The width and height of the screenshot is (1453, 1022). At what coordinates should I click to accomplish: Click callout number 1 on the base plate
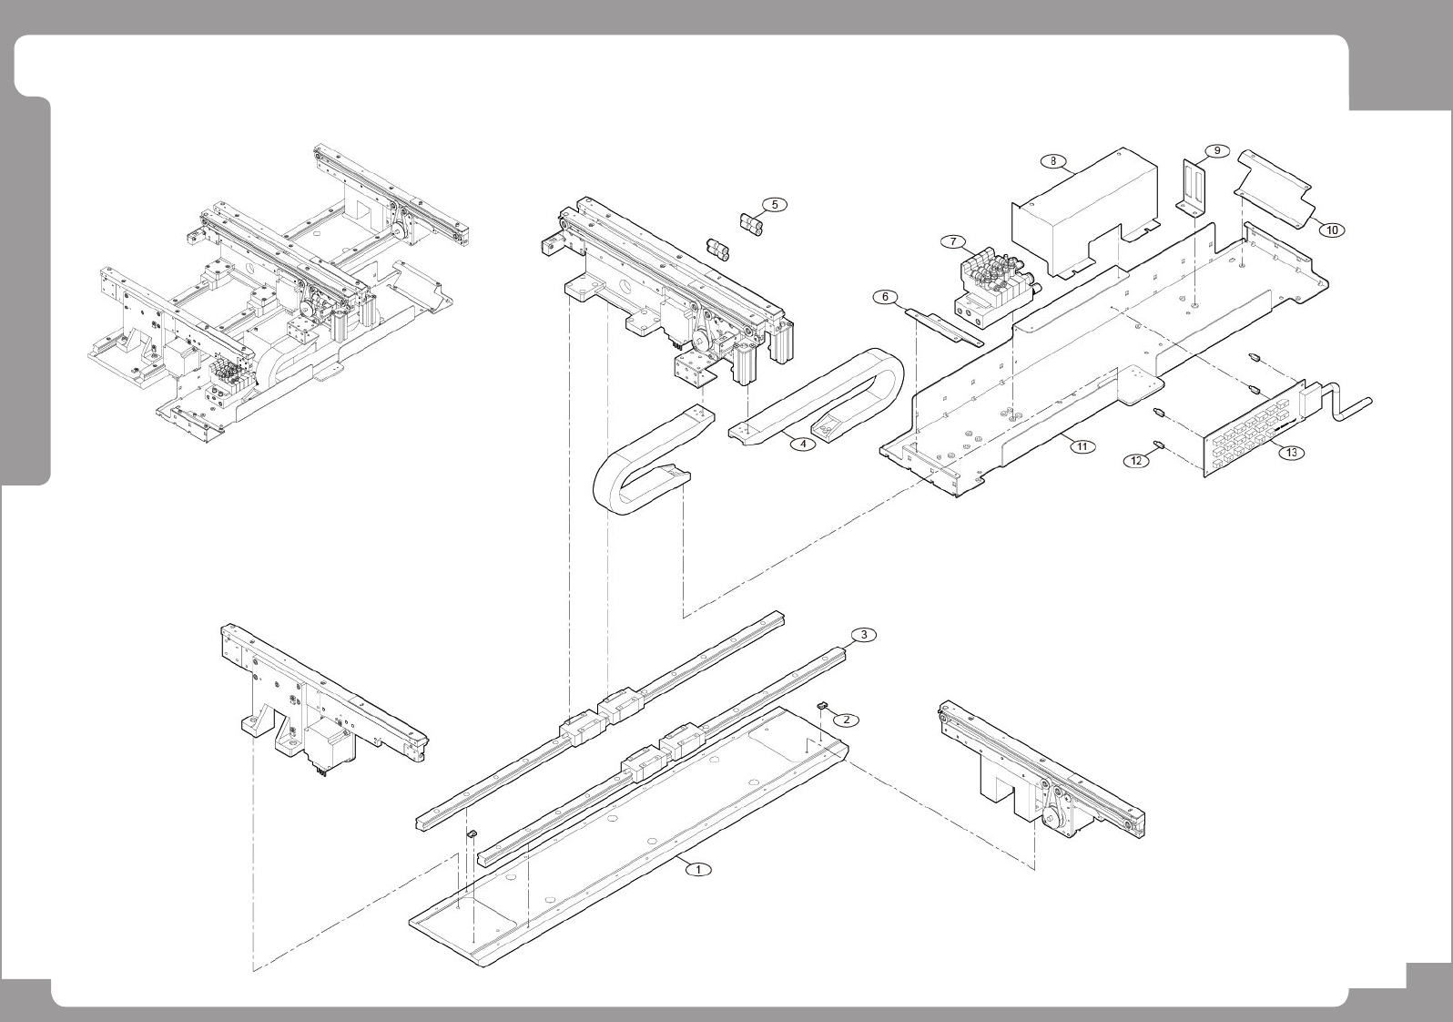click(x=698, y=869)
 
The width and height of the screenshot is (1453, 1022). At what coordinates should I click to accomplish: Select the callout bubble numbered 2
click(x=846, y=720)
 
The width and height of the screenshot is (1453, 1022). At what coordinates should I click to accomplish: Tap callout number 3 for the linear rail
click(x=863, y=635)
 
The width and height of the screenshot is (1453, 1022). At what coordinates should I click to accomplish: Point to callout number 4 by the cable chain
click(x=802, y=445)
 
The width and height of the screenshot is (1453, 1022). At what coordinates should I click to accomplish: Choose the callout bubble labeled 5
click(x=774, y=204)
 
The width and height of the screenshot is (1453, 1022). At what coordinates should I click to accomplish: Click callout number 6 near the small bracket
click(x=884, y=297)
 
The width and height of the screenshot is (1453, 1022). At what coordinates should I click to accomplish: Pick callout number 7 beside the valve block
click(x=952, y=242)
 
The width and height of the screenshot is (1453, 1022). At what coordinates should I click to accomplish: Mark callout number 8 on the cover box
click(x=1053, y=161)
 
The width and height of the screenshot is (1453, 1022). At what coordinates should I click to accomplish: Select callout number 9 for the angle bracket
click(x=1216, y=150)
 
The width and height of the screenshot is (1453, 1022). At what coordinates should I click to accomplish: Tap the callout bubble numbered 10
click(x=1331, y=230)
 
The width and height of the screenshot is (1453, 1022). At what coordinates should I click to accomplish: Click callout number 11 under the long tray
click(x=1082, y=446)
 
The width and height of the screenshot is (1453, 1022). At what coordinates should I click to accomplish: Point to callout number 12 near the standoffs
click(x=1135, y=461)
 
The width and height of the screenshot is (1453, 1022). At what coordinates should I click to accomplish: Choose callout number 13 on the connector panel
click(x=1291, y=452)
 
